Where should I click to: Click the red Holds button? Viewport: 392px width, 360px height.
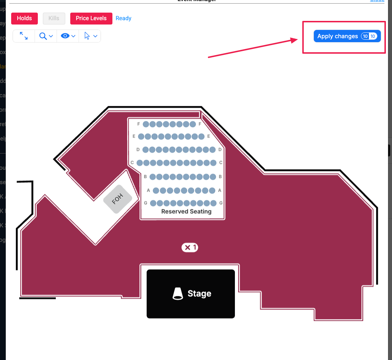point(24,18)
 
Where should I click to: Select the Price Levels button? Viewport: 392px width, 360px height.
point(91,18)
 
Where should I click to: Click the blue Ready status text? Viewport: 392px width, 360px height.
point(124,18)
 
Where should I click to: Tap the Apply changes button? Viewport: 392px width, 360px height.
point(347,36)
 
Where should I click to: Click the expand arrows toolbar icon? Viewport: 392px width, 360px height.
point(24,36)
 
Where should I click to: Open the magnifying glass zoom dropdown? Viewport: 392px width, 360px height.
point(46,36)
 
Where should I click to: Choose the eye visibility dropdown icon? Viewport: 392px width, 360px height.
point(68,36)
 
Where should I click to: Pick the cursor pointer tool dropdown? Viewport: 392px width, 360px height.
point(90,36)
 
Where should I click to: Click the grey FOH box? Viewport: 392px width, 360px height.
point(118,199)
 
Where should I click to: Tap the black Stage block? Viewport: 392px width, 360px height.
point(191,294)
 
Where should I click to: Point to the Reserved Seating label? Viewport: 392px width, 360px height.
point(186,212)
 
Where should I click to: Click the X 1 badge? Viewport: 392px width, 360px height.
point(190,247)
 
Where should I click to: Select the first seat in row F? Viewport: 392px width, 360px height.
point(146,124)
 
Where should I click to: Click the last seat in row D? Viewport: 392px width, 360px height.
point(213,150)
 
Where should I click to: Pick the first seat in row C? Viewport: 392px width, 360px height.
point(140,163)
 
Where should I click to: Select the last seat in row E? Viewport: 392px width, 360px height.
point(202,137)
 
